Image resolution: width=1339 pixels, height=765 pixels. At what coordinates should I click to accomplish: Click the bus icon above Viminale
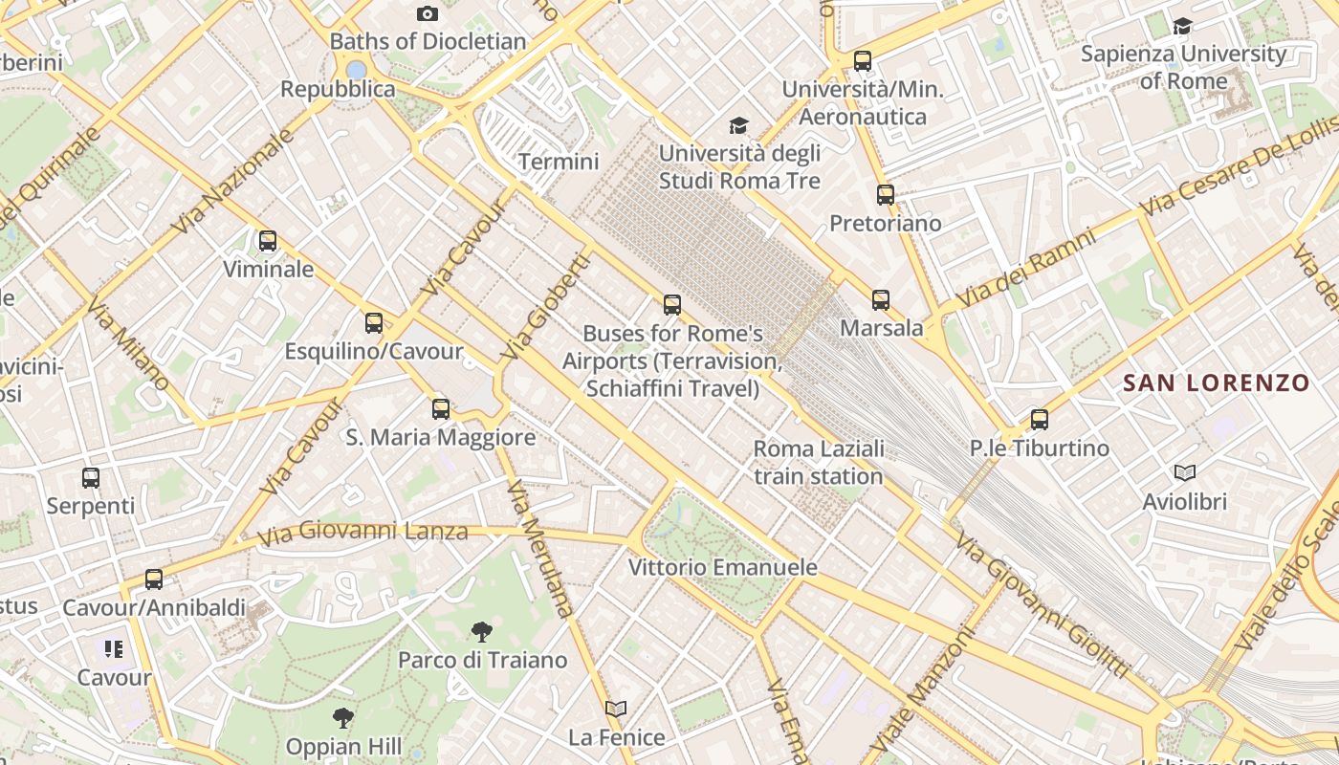pyautogui.click(x=268, y=241)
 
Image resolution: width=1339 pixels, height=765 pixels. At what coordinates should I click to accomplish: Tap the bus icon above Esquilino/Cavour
pyautogui.click(x=374, y=323)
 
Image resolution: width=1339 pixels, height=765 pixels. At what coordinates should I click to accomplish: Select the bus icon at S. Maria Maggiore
pyautogui.click(x=441, y=409)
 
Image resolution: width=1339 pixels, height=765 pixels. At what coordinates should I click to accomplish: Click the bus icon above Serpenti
pyautogui.click(x=91, y=477)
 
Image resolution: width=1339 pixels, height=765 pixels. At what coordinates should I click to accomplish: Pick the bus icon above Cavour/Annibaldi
pyautogui.click(x=154, y=579)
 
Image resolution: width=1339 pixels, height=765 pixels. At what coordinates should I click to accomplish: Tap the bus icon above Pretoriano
pyautogui.click(x=886, y=195)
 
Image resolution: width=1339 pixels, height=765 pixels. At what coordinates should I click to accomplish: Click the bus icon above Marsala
pyautogui.click(x=881, y=300)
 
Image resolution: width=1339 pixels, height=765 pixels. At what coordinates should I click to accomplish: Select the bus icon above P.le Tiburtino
pyautogui.click(x=1040, y=419)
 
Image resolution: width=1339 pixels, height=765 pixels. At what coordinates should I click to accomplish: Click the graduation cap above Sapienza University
pyautogui.click(x=1183, y=26)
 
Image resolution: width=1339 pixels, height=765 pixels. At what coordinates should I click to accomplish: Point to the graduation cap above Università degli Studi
pyautogui.click(x=738, y=125)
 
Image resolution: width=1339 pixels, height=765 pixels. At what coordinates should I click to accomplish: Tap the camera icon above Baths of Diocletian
pyautogui.click(x=428, y=13)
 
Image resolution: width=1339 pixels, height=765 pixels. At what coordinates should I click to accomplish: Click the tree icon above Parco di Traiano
pyautogui.click(x=482, y=631)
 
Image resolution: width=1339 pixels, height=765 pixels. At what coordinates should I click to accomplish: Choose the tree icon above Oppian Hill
pyautogui.click(x=343, y=717)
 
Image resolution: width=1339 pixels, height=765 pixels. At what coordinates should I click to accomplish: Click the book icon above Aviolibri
pyautogui.click(x=1185, y=472)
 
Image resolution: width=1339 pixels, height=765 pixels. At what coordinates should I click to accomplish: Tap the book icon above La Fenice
pyautogui.click(x=616, y=709)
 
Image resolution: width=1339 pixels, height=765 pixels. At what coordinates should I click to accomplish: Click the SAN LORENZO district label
pyautogui.click(x=1216, y=383)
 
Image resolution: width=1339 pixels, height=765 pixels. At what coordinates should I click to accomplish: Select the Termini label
pyautogui.click(x=559, y=162)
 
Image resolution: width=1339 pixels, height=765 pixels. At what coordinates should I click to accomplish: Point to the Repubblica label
pyautogui.click(x=338, y=89)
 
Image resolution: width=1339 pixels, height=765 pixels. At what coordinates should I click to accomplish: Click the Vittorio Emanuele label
pyautogui.click(x=722, y=567)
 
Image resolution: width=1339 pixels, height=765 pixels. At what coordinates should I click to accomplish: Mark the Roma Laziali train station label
pyautogui.click(x=819, y=462)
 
